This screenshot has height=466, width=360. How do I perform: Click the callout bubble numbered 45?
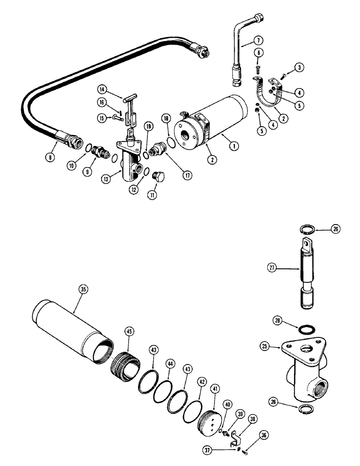[128, 331]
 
